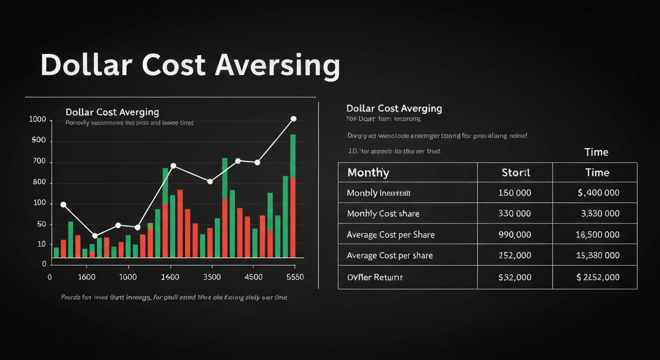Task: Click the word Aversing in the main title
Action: [x=277, y=66]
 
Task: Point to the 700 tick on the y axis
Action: [x=38, y=162]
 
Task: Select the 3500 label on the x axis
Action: [x=212, y=277]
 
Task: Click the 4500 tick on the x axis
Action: [x=254, y=277]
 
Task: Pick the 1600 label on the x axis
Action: [x=86, y=277]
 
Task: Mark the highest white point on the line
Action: [x=293, y=119]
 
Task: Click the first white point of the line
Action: [x=63, y=205]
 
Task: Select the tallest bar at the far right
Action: [x=292, y=196]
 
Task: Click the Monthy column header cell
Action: [x=368, y=172]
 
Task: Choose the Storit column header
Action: [x=516, y=172]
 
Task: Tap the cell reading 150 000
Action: [x=515, y=193]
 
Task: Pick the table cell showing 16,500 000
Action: [x=598, y=235]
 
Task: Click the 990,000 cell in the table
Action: [x=515, y=235]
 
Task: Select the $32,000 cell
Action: [x=515, y=277]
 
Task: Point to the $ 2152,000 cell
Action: [x=598, y=277]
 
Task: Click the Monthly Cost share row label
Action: [x=383, y=214]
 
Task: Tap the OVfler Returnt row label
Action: [x=375, y=277]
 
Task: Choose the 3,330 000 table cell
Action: [x=600, y=214]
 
